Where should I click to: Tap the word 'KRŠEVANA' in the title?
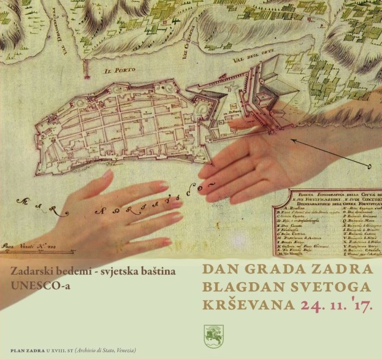click(245, 305)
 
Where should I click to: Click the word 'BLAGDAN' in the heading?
click(240, 287)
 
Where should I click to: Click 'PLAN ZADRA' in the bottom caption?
click(28, 349)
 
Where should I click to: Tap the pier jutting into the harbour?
click(85, 68)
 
